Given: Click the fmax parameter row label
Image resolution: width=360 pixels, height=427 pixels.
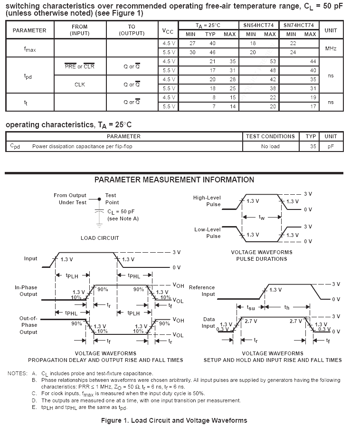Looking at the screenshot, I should coord(29,48).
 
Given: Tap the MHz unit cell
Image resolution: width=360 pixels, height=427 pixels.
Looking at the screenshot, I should coord(331,48).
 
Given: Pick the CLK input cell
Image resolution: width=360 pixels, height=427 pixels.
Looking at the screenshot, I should coord(79,84).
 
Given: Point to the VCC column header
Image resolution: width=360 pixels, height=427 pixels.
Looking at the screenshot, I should coord(168,30).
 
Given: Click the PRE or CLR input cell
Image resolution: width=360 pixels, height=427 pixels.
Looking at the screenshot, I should coord(79,66).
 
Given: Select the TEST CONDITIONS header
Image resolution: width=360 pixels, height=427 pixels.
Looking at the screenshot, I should coord(271,136).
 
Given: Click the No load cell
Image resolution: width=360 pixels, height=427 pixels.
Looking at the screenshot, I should coord(270,146).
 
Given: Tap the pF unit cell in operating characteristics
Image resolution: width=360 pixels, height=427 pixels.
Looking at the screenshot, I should coord(331,146).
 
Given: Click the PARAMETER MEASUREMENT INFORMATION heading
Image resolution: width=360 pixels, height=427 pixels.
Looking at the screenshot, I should coord(174,180).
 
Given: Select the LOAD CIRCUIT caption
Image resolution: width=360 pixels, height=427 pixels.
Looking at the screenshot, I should coord(100,237).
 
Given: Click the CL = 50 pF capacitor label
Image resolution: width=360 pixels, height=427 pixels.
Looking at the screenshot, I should coord(121,212).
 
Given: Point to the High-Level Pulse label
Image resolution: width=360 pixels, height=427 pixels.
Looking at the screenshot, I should coord(207,201).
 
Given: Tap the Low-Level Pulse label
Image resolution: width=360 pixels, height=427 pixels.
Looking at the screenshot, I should coord(208,233).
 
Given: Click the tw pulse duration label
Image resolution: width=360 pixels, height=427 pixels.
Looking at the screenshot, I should coord(262,217).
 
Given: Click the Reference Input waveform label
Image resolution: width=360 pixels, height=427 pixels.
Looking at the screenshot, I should coord(202,291).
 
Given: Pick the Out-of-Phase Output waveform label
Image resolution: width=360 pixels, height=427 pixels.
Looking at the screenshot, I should coord(28,325).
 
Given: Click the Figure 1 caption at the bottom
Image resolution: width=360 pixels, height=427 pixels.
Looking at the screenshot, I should coord(174,420).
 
